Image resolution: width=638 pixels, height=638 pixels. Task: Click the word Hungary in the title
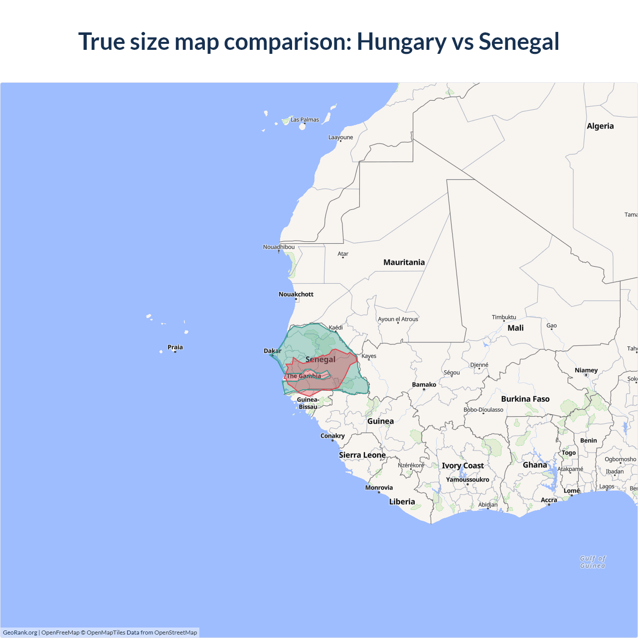[402, 42]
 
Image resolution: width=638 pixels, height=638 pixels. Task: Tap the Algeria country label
[600, 126]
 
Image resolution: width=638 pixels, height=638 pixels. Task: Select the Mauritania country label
[404, 262]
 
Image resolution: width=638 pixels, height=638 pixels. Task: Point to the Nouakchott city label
[296, 294]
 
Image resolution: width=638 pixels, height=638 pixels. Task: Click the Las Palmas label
[305, 120]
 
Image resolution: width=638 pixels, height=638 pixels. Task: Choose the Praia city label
[175, 347]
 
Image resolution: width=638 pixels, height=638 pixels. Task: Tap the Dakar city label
[272, 351]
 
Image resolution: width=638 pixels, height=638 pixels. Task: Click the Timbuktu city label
[504, 317]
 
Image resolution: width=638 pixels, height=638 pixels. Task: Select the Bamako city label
[424, 384]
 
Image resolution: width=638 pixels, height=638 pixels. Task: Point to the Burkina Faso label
[525, 399]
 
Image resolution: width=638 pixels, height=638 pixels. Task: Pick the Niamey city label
[586, 370]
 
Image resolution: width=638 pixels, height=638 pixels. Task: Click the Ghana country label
[535, 465]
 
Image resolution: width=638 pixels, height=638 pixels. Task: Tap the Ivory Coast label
[463, 466]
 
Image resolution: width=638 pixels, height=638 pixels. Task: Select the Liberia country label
[402, 501]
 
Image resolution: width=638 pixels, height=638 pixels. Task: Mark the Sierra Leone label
[362, 455]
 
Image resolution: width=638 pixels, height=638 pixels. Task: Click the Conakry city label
[332, 436]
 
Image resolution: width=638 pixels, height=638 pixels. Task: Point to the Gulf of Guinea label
[593, 562]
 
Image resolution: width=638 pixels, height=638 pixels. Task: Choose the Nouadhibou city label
[279, 247]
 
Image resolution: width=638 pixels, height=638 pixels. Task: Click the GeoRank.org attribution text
[20, 633]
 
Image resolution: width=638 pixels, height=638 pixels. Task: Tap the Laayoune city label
[340, 137]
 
